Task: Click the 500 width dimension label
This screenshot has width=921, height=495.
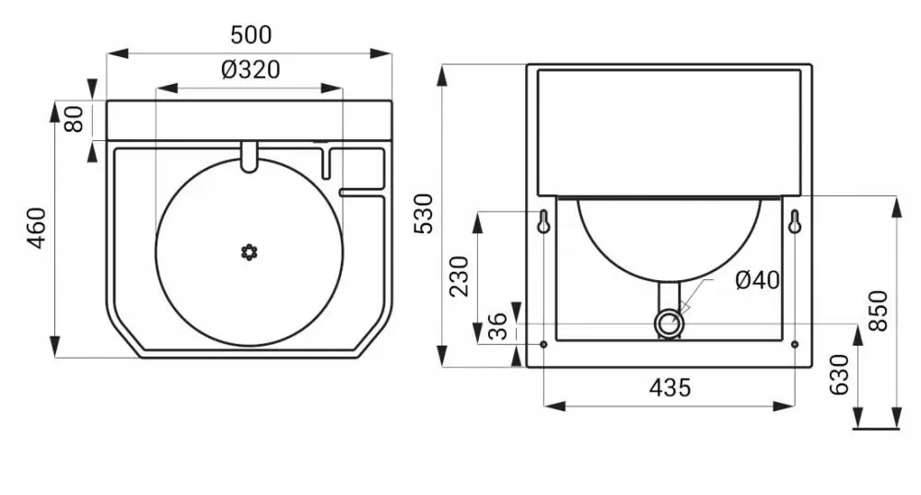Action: pos(251,35)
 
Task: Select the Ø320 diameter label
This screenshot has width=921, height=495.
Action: pos(251,70)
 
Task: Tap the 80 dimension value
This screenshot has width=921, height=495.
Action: pos(75,119)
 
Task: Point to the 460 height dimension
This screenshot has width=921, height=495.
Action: pos(37,228)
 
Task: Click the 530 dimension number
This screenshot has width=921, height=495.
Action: pos(424,214)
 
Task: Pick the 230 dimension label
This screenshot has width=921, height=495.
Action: pos(459,277)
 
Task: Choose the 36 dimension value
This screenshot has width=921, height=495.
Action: pos(498,327)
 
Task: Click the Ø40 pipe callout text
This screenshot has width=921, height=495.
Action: pos(757,280)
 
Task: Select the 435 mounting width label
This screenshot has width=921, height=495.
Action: pos(670,387)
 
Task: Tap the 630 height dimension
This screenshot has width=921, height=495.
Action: pos(839,375)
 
